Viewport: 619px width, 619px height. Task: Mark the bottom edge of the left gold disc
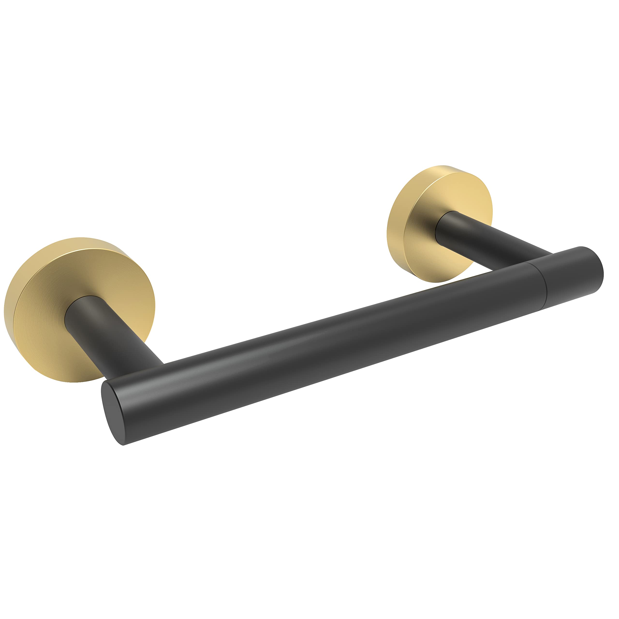coord(77,382)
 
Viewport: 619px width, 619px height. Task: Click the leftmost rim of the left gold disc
coord(5,308)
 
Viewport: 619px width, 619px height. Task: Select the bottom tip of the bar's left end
coord(123,445)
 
